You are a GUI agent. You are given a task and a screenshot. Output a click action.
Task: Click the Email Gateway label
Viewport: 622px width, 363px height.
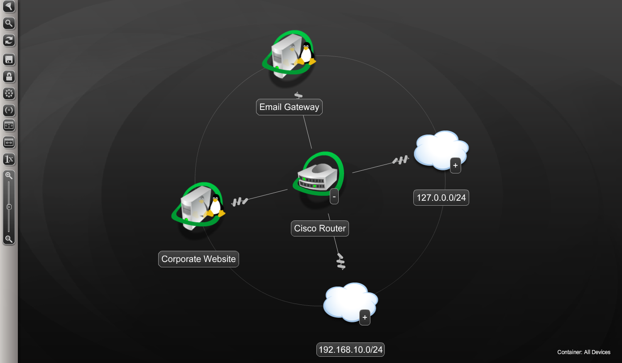(289, 107)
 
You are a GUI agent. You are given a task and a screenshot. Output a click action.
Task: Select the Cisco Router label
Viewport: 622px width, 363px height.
(319, 228)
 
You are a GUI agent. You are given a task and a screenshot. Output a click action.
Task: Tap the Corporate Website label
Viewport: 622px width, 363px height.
(198, 259)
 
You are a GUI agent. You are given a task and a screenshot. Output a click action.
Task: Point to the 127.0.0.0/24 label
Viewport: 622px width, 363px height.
(441, 198)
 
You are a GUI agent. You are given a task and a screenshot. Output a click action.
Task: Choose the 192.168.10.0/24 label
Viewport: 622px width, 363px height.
(350, 350)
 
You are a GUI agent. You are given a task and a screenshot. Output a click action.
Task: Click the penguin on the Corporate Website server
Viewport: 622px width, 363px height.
(215, 206)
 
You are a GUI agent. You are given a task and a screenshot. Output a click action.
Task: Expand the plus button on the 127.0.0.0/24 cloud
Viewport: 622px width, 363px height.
(455, 165)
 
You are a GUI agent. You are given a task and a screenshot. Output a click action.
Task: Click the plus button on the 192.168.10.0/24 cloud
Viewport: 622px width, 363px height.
(365, 317)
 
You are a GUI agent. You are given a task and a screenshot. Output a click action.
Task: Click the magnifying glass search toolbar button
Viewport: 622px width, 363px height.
(9, 23)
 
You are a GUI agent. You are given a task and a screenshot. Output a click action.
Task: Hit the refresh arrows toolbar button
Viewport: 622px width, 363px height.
(9, 40)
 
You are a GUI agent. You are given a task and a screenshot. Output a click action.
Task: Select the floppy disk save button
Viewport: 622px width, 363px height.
(9, 59)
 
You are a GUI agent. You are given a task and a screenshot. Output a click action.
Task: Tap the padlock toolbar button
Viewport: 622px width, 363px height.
(9, 76)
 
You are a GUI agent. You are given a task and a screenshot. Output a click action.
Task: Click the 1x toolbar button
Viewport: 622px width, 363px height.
(9, 159)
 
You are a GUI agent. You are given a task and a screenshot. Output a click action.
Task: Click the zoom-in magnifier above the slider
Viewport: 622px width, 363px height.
(8, 176)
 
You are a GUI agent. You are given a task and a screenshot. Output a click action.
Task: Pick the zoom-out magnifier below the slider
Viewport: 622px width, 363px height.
(8, 239)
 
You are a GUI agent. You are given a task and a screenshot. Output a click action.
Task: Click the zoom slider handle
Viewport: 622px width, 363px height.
(8, 207)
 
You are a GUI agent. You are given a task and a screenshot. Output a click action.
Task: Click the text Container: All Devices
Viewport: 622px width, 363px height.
(584, 352)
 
